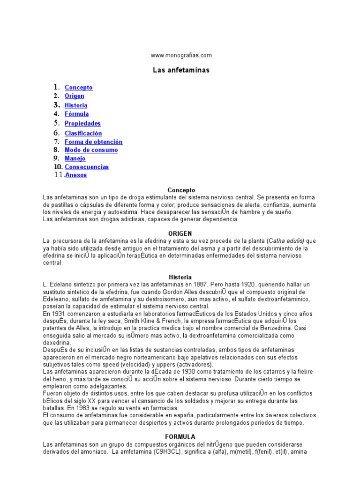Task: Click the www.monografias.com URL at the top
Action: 181,55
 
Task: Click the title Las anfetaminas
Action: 181,70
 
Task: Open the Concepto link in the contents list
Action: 78,88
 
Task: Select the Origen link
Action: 75,96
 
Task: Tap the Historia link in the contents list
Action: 76,105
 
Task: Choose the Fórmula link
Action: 76,114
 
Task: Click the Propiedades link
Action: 82,124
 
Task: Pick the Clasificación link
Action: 83,134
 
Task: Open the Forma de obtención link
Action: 93,142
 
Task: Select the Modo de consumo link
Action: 91,150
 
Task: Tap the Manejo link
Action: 75,158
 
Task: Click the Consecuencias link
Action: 87,167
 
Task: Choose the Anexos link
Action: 76,175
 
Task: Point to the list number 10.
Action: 58,167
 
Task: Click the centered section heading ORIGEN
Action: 180,233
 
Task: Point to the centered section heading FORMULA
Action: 180,436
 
